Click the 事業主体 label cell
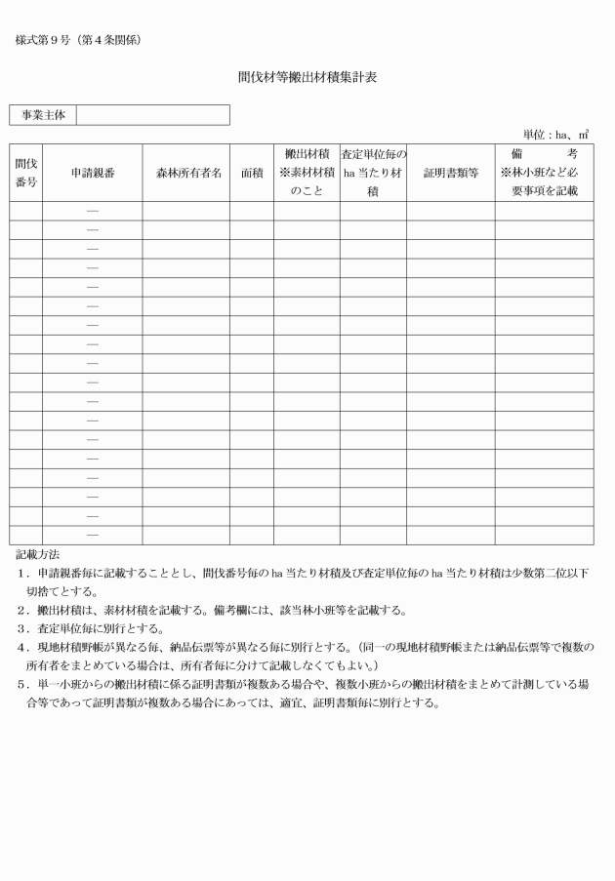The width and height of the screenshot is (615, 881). coord(43,115)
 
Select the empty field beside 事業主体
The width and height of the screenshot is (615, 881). coord(152,115)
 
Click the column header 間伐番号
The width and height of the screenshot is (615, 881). coord(26,173)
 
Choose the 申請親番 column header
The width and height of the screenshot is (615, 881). coord(93,173)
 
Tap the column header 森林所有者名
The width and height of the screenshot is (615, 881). coord(186,173)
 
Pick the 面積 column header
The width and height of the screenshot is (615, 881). coord(252,173)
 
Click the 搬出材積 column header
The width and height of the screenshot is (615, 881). coord(307,173)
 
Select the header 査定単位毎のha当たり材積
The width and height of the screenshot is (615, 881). coord(373,173)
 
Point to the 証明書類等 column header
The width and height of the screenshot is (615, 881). coord(450,173)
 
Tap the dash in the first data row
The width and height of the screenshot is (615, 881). coord(93,211)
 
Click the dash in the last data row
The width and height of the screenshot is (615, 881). coord(93,535)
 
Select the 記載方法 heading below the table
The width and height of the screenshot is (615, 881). coord(37,552)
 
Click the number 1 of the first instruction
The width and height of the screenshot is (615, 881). coord(21,572)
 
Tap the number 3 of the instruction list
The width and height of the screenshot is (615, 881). coord(21,628)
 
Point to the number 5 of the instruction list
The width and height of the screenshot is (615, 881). coord(21,685)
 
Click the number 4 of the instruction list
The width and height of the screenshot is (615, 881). coord(21,647)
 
